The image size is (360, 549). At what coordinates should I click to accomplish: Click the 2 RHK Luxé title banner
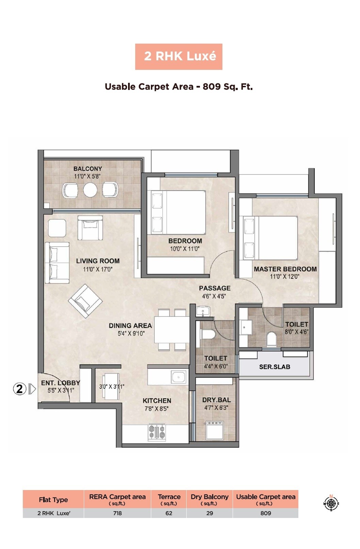(x=178, y=57)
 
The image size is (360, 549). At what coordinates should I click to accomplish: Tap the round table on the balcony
(x=90, y=190)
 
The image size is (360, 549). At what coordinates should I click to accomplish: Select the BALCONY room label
(x=88, y=169)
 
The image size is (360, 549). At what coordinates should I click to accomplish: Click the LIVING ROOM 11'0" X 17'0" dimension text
(x=97, y=269)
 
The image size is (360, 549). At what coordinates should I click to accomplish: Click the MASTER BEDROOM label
(x=285, y=269)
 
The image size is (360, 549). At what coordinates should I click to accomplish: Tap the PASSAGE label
(x=215, y=288)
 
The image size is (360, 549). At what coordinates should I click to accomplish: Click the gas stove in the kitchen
(x=157, y=432)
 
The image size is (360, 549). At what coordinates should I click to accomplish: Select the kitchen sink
(x=178, y=377)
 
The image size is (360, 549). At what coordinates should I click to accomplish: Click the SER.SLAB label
(x=275, y=367)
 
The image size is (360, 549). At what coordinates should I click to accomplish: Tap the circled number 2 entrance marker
(x=20, y=389)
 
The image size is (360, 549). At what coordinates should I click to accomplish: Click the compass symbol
(x=331, y=503)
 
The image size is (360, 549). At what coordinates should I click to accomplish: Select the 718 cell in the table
(x=117, y=513)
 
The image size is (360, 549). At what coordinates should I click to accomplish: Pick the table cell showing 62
(x=169, y=513)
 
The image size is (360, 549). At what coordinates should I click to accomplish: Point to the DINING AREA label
(x=130, y=326)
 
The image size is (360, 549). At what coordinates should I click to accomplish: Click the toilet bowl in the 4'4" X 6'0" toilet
(x=207, y=334)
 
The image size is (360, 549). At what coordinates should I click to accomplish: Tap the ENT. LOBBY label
(x=60, y=383)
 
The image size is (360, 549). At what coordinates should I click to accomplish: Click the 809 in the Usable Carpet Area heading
(x=212, y=87)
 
